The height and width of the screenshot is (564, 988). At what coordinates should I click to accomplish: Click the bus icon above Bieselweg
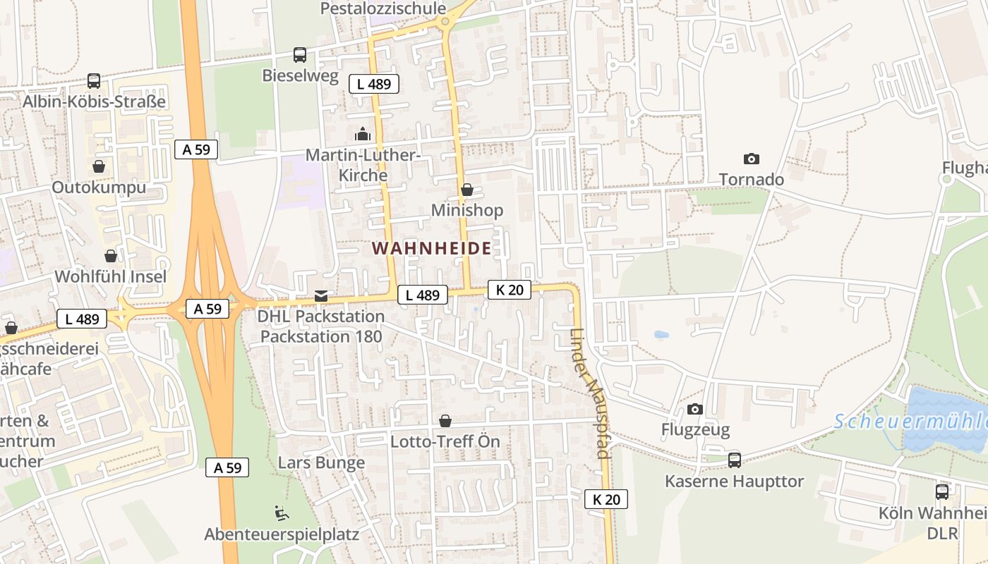300,54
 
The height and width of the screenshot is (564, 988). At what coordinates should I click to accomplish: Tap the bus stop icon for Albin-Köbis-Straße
94,81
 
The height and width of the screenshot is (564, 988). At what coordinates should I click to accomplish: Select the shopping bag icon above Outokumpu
99,166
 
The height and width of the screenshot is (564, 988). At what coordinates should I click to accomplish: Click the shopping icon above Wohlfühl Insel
111,255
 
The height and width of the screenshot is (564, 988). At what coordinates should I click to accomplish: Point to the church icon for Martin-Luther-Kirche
363,133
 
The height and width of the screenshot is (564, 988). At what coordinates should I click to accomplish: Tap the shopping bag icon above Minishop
466,190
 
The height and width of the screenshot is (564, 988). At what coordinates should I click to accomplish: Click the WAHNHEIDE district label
432,248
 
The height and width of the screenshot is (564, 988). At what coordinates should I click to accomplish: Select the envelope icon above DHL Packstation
321,295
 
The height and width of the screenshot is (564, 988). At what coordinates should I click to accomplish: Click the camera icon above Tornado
752,159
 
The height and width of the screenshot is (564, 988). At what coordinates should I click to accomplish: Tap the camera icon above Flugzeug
695,409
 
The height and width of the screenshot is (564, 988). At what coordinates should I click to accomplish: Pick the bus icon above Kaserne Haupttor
735,460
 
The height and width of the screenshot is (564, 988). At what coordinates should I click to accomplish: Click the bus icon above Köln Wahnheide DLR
942,491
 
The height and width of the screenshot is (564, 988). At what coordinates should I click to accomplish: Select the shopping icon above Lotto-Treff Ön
445,421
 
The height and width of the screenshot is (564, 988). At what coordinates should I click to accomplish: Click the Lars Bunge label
322,462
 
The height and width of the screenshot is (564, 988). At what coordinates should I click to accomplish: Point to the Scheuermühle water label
910,422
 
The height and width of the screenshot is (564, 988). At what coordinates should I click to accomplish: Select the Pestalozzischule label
383,8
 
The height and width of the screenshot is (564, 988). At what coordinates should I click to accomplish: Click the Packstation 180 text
321,336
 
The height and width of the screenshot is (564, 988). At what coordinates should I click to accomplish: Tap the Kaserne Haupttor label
734,482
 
